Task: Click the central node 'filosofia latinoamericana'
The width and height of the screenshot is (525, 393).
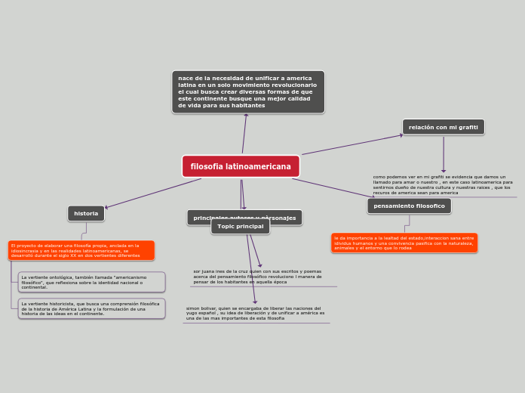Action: coord(241,166)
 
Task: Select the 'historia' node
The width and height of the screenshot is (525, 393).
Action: coord(86,214)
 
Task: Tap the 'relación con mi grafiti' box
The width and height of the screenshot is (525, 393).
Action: coord(444,127)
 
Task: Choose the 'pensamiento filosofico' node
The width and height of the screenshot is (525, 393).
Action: coord(409,206)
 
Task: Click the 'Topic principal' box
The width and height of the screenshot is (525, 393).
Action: coord(240,227)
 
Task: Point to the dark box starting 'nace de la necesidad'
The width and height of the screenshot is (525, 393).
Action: coord(248,92)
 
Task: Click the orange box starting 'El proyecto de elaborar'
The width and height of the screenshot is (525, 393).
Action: coord(81,250)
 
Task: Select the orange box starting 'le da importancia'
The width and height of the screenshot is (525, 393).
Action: coord(404,243)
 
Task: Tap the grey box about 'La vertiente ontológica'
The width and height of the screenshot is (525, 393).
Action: coord(91,282)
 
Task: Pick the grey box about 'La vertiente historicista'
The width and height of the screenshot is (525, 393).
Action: coord(91,308)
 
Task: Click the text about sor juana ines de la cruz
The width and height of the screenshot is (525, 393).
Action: coord(258,277)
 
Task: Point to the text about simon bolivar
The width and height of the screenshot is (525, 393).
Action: coord(256,314)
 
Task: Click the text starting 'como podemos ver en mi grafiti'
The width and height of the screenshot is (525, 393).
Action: coord(443,185)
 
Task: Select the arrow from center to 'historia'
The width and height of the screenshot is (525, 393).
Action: coord(155,193)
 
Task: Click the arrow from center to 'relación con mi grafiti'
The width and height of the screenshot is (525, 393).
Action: coord(352,144)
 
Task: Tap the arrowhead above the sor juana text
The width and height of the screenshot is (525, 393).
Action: coord(260,265)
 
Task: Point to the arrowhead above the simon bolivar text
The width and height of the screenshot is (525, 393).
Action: coord(255,302)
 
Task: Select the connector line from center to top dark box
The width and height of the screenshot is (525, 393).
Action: coord(244,135)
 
